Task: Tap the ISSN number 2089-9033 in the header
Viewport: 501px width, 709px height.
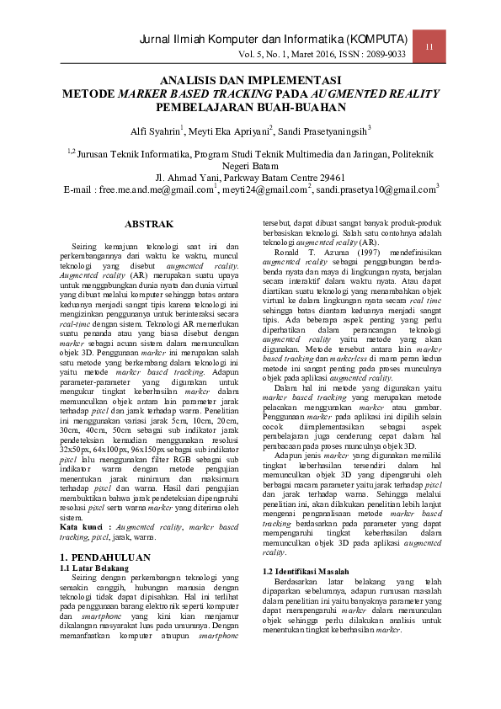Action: (x=386, y=54)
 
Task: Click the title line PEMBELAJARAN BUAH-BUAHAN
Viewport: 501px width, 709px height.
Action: (x=251, y=108)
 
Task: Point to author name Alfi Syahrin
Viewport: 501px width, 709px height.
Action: (x=155, y=131)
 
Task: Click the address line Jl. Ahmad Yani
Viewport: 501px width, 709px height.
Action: (x=251, y=178)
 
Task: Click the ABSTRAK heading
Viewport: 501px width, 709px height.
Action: (x=149, y=224)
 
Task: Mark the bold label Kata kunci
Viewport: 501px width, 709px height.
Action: (x=83, y=526)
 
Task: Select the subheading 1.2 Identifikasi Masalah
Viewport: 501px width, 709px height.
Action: (x=306, y=572)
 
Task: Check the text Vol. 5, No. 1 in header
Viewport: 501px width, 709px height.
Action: (x=264, y=54)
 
